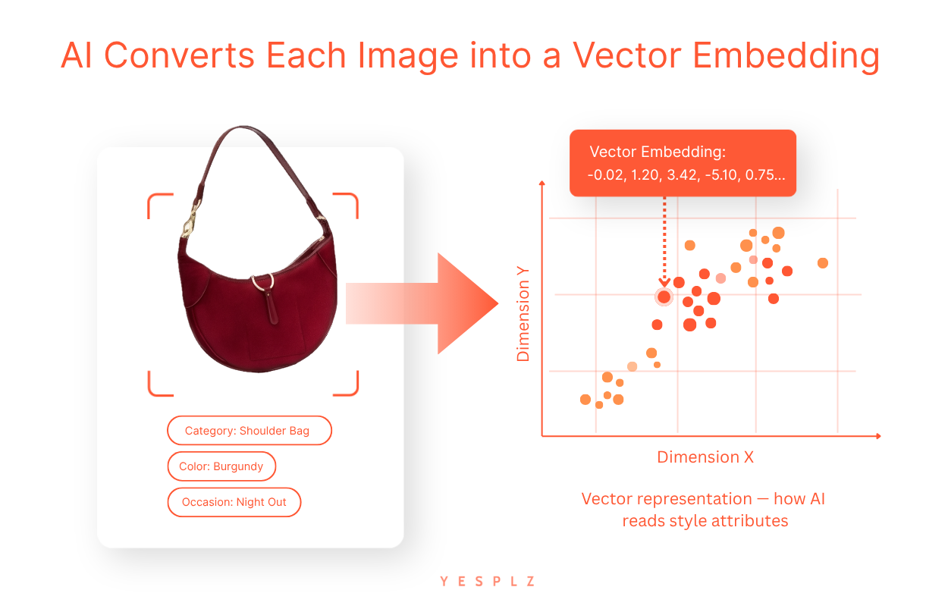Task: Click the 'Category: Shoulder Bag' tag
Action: (250, 431)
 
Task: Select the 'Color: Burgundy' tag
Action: (221, 466)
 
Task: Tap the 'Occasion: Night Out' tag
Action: (234, 502)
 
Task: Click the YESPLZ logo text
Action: (488, 581)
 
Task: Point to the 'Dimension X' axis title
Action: (705, 457)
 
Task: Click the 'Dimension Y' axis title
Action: (523, 314)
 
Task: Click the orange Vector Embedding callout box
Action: (683, 163)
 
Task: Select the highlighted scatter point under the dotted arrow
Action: (664, 297)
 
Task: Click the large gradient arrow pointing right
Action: (422, 303)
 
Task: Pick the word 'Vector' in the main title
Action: (626, 56)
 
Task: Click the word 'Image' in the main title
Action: (407, 57)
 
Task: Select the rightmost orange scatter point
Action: (823, 263)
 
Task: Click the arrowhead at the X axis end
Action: (878, 436)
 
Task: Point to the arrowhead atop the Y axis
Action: (541, 183)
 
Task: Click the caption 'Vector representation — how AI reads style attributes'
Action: (704, 510)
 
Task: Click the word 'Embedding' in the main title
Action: (786, 57)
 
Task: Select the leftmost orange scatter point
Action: (585, 400)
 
